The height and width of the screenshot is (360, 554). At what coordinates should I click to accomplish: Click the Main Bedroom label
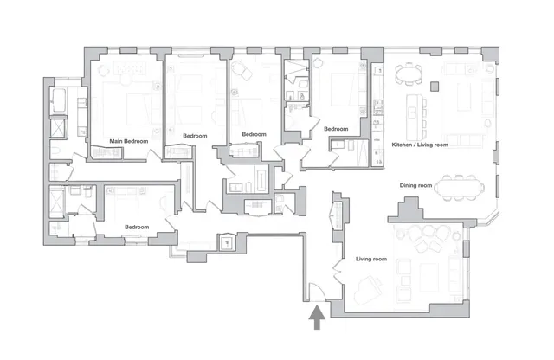point(128,141)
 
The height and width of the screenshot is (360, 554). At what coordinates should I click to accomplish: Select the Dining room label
point(415,184)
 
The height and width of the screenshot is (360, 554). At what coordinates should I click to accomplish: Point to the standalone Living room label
point(373,258)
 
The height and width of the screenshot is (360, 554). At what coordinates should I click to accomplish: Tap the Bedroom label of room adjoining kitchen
point(336,129)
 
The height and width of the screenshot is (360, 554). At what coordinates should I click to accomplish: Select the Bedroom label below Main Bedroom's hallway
point(136,227)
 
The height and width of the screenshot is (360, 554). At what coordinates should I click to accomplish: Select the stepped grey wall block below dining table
point(408,209)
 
